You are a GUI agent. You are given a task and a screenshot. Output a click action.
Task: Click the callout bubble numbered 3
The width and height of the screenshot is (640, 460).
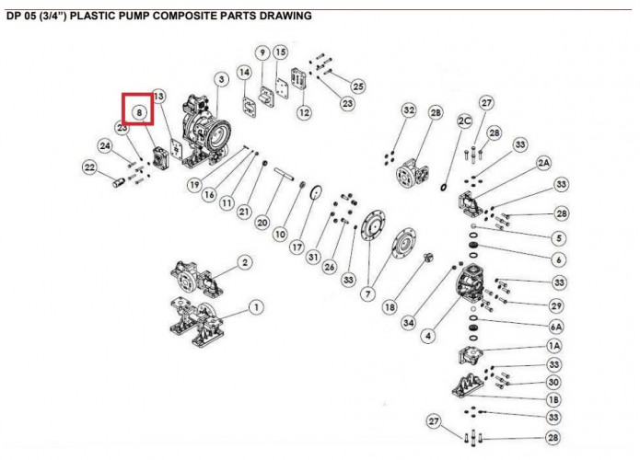coord(222,80)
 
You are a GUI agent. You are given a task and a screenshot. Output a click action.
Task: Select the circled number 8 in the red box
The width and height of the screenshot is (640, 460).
coord(139,112)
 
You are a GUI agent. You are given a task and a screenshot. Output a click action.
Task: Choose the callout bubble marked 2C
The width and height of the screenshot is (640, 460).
coord(464,121)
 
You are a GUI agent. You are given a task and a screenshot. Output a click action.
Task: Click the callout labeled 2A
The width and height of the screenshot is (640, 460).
coord(543,163)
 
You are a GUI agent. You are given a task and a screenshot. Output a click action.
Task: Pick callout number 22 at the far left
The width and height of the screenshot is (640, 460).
coord(89,167)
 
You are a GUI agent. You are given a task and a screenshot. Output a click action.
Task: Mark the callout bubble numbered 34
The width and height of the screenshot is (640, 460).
coord(408,322)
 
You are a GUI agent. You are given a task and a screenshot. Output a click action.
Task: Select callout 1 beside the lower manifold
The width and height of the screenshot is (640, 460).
coord(256,306)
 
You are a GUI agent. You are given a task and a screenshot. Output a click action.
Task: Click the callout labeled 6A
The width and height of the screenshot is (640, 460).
coord(555,327)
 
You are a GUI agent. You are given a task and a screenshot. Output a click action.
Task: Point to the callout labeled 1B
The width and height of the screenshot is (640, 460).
coord(554,399)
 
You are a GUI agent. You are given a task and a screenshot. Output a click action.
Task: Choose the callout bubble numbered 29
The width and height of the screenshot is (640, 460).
coord(556,305)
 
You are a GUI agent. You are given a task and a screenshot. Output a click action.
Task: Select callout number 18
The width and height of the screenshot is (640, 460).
coord(390,306)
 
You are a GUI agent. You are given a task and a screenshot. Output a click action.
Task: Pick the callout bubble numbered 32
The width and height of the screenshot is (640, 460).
coord(409,111)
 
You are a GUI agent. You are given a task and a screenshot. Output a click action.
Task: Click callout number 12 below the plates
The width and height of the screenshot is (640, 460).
coord(304,112)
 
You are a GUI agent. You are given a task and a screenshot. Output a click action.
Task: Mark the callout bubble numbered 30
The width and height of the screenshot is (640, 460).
coord(554,382)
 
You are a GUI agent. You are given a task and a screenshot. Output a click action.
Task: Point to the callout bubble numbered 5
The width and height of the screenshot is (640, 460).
coord(560,237)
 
